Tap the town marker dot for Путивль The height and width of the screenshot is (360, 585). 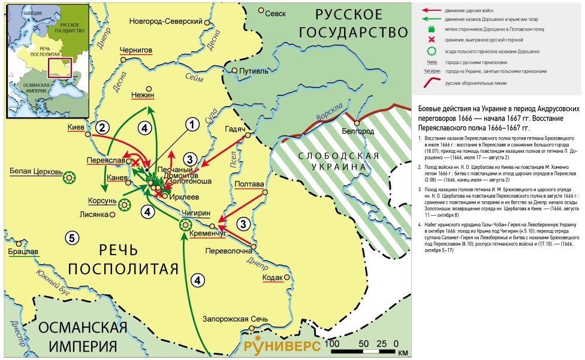pyautogui.click(x=234, y=71)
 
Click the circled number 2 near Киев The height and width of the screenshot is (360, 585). pyautogui.click(x=103, y=127)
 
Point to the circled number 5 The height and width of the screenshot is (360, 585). pyautogui.click(x=71, y=238)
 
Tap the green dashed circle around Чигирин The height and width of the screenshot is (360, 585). pyautogui.click(x=185, y=225)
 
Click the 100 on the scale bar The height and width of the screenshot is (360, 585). pyautogui.click(x=331, y=344)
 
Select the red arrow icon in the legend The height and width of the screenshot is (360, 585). pyautogui.click(x=428, y=11)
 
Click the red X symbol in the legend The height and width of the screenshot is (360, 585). pyautogui.click(x=428, y=40)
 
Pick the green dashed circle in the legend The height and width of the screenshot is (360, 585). pyautogui.click(x=428, y=51)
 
